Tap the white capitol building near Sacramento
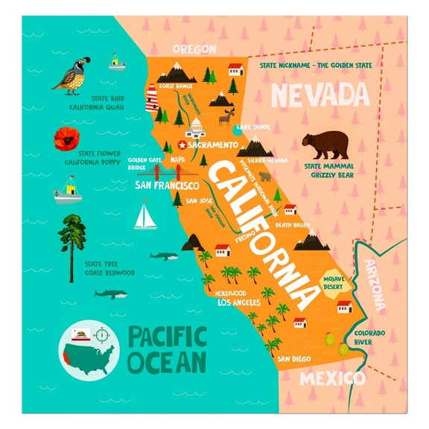point(197,128)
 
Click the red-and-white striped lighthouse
point(152,97)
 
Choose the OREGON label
point(194,49)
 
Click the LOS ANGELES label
point(238,303)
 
